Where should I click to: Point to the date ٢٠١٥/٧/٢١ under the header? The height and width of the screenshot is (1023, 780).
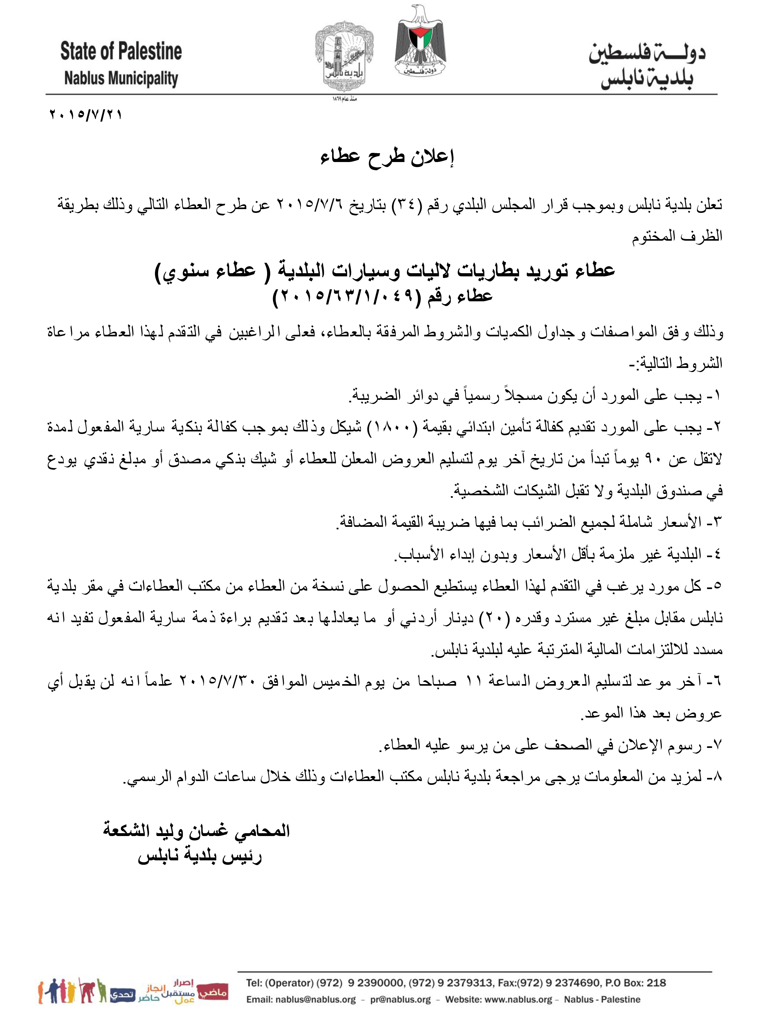point(86,114)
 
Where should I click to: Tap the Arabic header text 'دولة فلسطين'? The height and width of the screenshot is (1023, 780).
point(647,53)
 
